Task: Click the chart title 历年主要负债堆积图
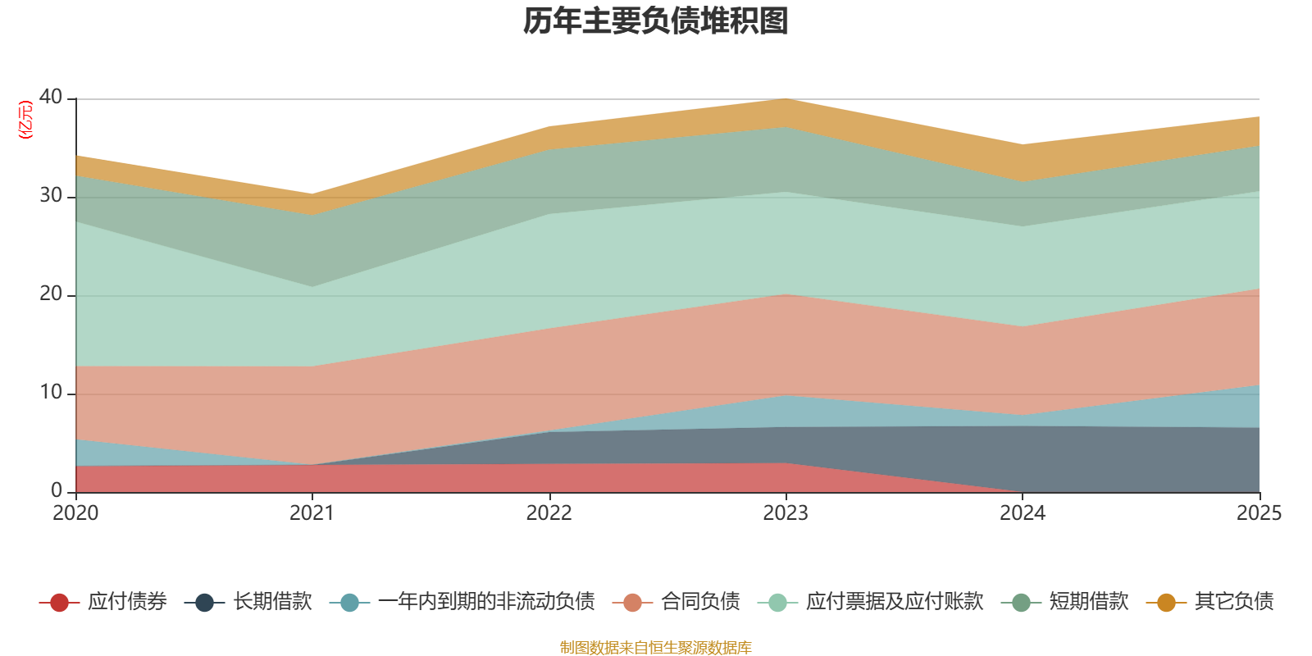click(655, 21)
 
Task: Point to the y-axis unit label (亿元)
click(25, 120)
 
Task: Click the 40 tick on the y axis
click(51, 97)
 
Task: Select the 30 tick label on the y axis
click(51, 195)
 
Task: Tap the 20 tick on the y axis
click(51, 294)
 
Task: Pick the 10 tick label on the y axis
click(51, 392)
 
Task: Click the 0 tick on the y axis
click(57, 490)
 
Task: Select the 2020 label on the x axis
click(75, 513)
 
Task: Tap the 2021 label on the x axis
click(312, 513)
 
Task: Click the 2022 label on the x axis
click(549, 513)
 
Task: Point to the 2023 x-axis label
click(786, 513)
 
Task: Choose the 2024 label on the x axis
click(1023, 513)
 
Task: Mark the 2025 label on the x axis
click(1260, 513)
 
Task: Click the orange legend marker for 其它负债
click(1166, 602)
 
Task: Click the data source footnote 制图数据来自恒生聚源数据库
click(655, 647)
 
